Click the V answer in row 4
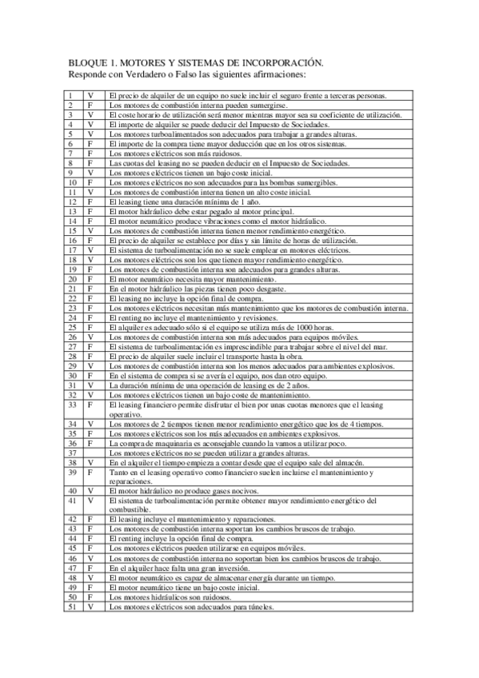(91, 125)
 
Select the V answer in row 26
(91, 337)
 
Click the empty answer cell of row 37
(91, 453)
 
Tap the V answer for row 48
(91, 577)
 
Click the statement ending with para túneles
(192, 607)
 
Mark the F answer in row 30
(91, 375)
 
